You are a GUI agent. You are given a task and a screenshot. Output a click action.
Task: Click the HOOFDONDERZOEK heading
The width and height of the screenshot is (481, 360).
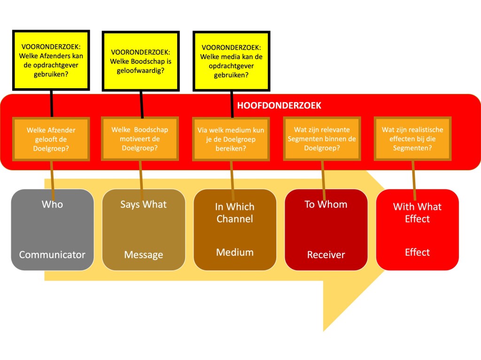click(x=279, y=106)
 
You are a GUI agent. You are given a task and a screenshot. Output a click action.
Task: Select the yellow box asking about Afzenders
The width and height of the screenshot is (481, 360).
click(x=51, y=61)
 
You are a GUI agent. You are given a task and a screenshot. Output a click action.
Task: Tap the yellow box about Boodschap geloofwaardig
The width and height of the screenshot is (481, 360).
click(x=140, y=61)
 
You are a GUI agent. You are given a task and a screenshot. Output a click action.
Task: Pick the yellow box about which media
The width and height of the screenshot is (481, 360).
click(x=232, y=61)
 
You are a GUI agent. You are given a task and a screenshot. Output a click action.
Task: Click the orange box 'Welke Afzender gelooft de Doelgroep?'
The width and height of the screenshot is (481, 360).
click(x=51, y=138)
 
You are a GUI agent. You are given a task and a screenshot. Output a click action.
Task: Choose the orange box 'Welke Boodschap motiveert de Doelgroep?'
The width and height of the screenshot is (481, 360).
click(x=140, y=138)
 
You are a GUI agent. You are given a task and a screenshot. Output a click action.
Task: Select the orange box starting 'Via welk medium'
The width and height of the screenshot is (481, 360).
click(x=232, y=138)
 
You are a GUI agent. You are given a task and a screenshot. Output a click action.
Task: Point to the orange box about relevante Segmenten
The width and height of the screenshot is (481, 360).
click(x=322, y=138)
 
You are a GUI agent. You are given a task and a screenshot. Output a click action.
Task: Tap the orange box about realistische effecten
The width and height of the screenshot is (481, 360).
click(x=412, y=138)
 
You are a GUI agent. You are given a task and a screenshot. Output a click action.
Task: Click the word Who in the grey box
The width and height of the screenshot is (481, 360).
click(x=52, y=204)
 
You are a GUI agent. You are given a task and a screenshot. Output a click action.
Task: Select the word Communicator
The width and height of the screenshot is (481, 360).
click(x=52, y=254)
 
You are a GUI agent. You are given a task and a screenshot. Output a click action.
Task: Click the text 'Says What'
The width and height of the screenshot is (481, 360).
click(x=143, y=204)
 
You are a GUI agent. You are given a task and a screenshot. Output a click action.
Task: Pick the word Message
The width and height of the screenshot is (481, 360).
click(x=143, y=255)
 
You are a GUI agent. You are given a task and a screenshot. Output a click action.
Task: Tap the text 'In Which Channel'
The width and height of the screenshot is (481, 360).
click(x=234, y=213)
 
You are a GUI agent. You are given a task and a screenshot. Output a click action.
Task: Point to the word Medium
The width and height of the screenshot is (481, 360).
click(x=234, y=252)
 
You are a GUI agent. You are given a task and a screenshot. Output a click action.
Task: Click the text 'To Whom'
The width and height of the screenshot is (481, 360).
click(x=326, y=204)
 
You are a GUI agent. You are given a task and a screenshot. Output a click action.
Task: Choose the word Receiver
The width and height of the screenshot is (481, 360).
click(x=326, y=255)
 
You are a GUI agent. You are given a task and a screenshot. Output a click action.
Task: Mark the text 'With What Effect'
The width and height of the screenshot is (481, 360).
click(x=417, y=213)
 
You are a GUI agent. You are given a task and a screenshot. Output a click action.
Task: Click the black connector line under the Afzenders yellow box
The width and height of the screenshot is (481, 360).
click(x=51, y=103)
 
